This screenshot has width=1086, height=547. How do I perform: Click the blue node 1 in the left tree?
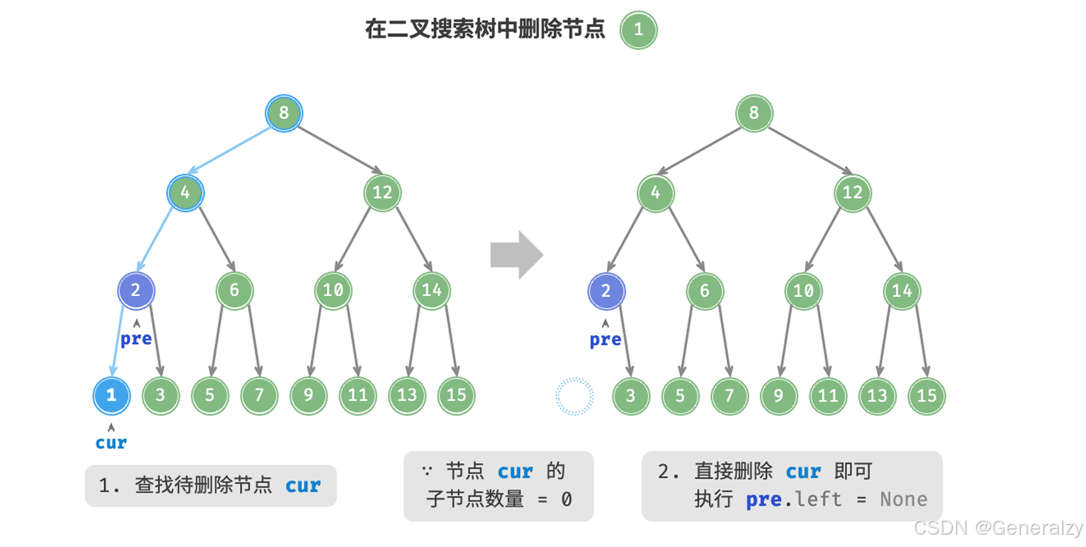[x=111, y=395]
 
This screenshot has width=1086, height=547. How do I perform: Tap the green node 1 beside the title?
[x=638, y=30]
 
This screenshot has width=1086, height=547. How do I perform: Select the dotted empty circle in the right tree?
[x=575, y=396]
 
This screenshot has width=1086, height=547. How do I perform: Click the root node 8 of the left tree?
[x=284, y=113]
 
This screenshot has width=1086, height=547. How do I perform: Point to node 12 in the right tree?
[x=852, y=193]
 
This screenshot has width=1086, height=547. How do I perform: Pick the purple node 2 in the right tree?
[x=606, y=291]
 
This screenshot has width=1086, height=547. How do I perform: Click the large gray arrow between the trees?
[x=516, y=255]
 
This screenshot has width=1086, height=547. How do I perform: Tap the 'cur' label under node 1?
[x=111, y=443]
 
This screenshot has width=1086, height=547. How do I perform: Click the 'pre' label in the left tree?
[x=136, y=339]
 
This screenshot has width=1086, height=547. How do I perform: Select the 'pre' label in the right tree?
[x=605, y=340]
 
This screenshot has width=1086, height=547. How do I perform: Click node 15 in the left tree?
[x=456, y=395]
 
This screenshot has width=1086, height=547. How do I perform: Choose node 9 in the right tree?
[x=778, y=396]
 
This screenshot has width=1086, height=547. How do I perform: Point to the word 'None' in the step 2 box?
[x=903, y=500]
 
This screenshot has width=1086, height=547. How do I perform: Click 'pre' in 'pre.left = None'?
[x=763, y=500]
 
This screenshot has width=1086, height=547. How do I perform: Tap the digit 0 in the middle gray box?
[x=566, y=500]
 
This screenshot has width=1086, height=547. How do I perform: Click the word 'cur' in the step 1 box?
[x=303, y=486]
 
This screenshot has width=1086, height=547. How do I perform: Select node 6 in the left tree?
[x=234, y=290]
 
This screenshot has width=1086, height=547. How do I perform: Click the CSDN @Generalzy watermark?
[x=998, y=527]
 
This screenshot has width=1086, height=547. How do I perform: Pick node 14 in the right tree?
[x=902, y=291]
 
